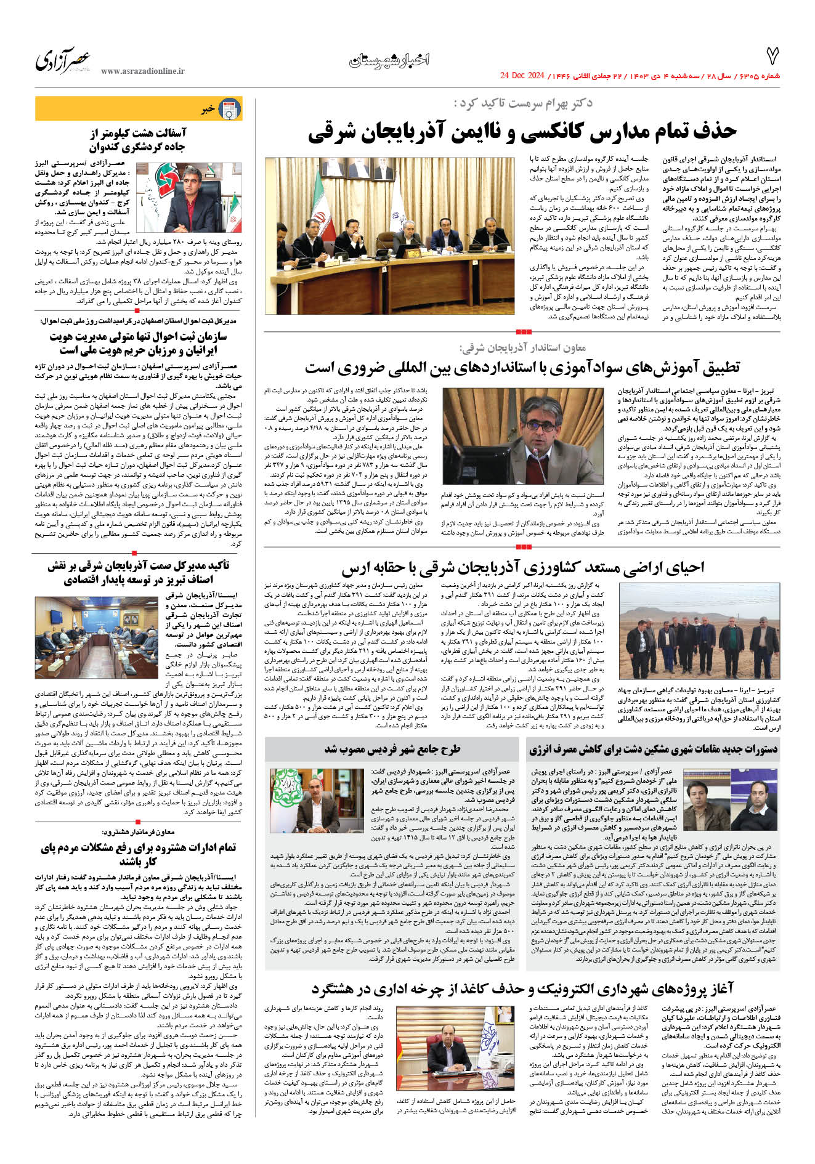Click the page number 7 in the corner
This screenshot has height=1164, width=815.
(x=772, y=57)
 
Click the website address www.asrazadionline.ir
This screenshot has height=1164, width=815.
(x=142, y=71)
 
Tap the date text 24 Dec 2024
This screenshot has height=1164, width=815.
(x=522, y=76)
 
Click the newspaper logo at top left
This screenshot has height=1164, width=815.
(x=62, y=60)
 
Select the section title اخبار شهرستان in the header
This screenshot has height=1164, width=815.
(x=389, y=60)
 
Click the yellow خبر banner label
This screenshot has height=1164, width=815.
(x=208, y=109)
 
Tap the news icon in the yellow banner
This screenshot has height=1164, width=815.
(x=230, y=109)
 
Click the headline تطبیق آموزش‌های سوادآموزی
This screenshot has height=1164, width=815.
(x=522, y=368)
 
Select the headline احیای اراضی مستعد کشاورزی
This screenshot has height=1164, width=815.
(x=522, y=567)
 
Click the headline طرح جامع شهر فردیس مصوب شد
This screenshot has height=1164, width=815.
(x=392, y=750)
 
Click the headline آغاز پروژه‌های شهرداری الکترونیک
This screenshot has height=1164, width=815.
(x=522, y=989)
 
